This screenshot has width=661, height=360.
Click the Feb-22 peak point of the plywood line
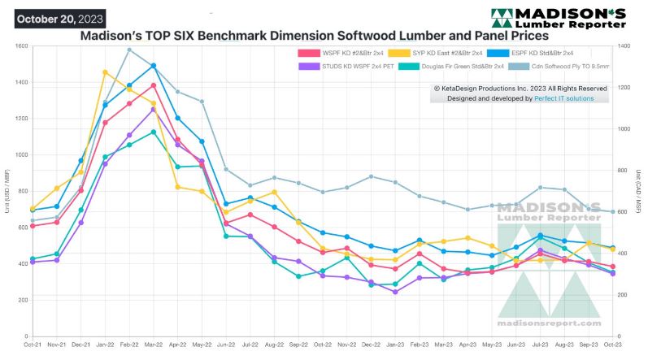(x=129, y=50)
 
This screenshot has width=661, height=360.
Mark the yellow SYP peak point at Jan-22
(x=105, y=72)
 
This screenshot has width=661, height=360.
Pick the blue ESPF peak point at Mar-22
(x=154, y=66)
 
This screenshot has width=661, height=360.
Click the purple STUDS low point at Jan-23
(x=395, y=292)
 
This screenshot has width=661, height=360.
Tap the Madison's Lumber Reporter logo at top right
(x=558, y=17)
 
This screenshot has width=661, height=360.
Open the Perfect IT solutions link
(x=563, y=98)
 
